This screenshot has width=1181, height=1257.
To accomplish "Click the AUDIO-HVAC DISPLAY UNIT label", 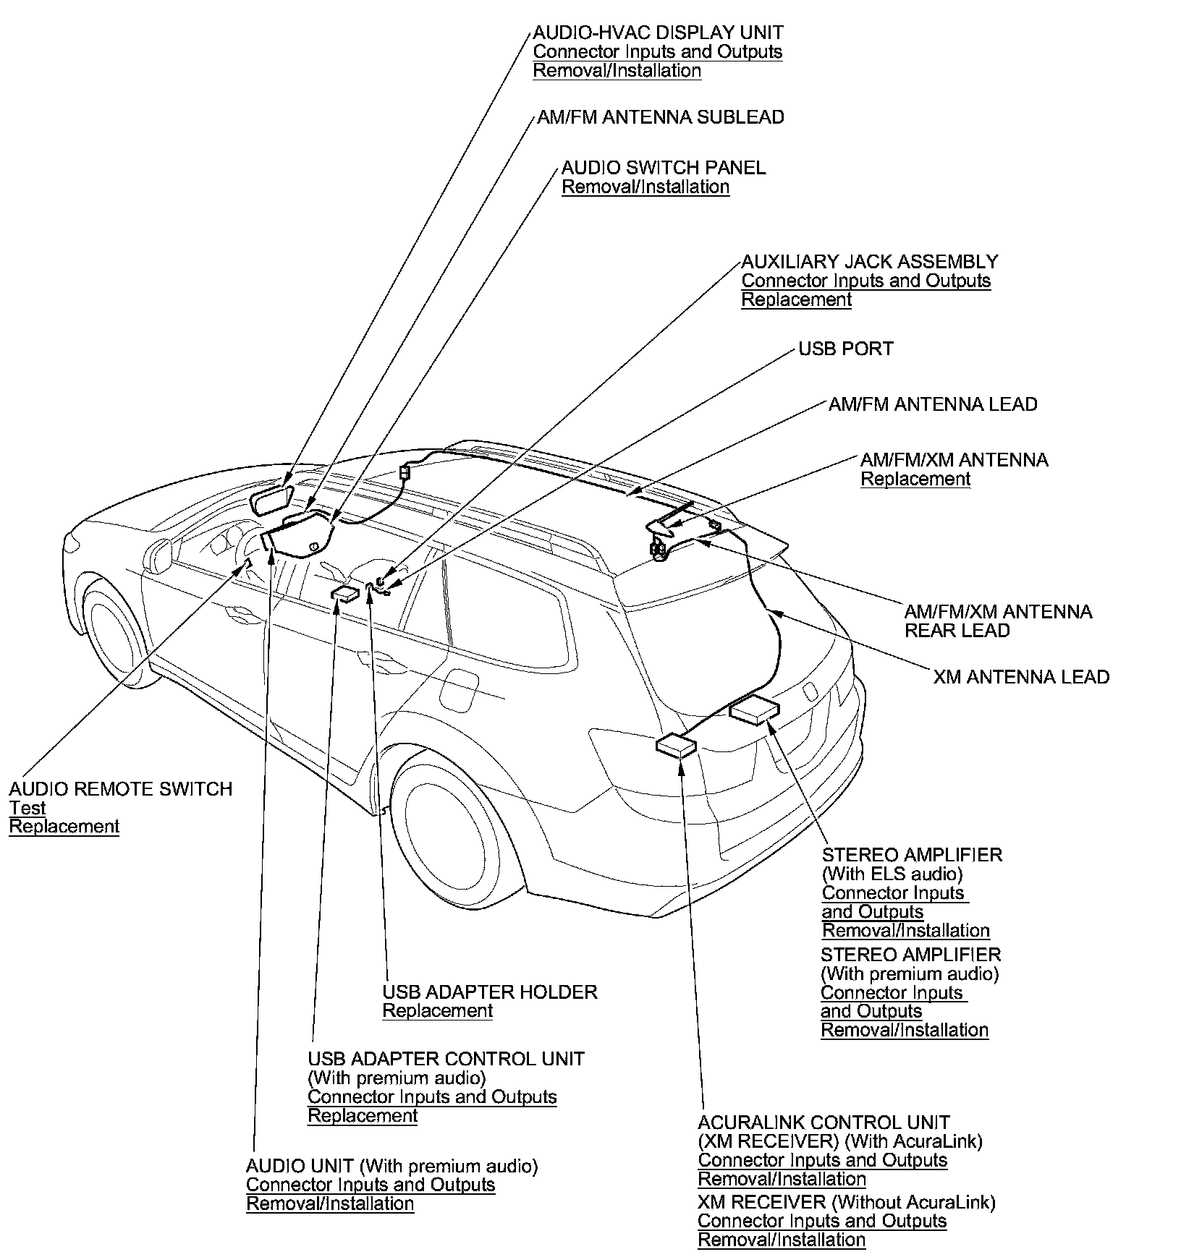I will [658, 33].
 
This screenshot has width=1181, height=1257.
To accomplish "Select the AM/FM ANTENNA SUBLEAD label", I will [660, 117].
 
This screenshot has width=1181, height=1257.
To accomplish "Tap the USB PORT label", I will [845, 349].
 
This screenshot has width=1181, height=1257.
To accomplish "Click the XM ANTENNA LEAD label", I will [1020, 677].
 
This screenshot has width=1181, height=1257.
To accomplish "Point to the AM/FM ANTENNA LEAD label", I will [932, 404].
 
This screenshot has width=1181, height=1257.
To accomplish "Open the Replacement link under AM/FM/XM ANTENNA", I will [915, 479].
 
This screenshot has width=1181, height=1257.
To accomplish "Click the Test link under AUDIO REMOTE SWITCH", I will [27, 808].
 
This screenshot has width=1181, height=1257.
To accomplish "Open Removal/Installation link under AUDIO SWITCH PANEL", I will [645, 187].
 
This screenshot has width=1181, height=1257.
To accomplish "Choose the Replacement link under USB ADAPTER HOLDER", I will [437, 1010].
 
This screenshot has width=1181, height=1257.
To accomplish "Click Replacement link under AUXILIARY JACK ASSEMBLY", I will [796, 299].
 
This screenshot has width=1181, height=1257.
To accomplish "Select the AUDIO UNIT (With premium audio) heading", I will [391, 1166].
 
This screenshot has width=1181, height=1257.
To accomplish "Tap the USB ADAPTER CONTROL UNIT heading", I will [446, 1059].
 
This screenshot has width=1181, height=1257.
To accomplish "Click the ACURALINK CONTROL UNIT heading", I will [824, 1122].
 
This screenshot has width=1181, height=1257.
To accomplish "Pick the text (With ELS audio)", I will [892, 874].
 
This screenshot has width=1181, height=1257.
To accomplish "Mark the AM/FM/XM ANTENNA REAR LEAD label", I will [997, 621].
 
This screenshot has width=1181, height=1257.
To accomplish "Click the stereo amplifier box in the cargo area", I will [755, 710].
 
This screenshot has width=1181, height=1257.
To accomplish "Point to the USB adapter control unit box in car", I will [344, 595].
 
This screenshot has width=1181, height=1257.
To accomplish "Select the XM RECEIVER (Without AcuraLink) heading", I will [846, 1202].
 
